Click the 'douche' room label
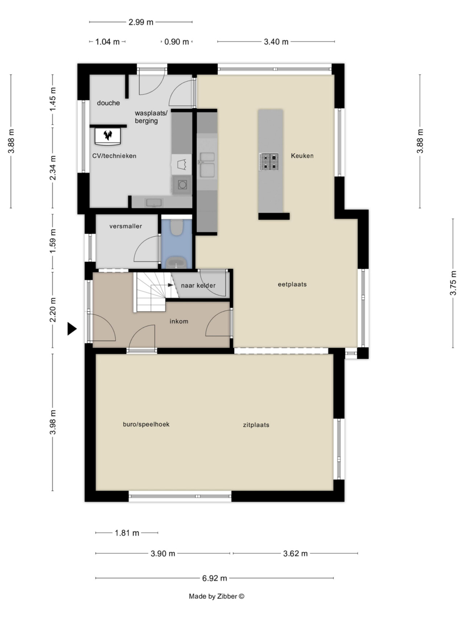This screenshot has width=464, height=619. (108, 103)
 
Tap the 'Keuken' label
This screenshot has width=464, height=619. (302, 156)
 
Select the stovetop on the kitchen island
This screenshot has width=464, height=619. (269, 162)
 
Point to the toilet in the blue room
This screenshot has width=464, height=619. (177, 227)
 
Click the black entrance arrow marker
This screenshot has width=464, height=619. (72, 329)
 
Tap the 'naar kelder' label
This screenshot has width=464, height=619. (198, 286)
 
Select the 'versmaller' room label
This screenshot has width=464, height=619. (126, 226)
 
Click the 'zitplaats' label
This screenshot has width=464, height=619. (256, 425)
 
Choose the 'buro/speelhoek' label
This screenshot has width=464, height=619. (146, 425)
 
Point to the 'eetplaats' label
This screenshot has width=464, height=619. (292, 285)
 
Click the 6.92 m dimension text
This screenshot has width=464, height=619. (215, 578)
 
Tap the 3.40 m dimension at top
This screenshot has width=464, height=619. (276, 42)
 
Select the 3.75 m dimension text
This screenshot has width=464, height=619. (453, 283)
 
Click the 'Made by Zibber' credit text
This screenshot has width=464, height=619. (216, 597)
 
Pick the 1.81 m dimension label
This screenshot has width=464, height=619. (127, 533)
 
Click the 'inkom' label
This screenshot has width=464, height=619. (179, 321)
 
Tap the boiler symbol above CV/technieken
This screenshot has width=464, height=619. (108, 135)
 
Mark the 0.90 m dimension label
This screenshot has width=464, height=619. (177, 42)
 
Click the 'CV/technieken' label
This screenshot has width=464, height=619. (114, 156)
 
